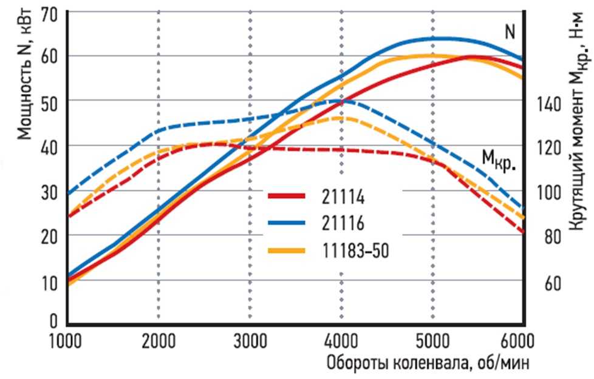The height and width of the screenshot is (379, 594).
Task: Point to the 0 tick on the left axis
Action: coord(53,321)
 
